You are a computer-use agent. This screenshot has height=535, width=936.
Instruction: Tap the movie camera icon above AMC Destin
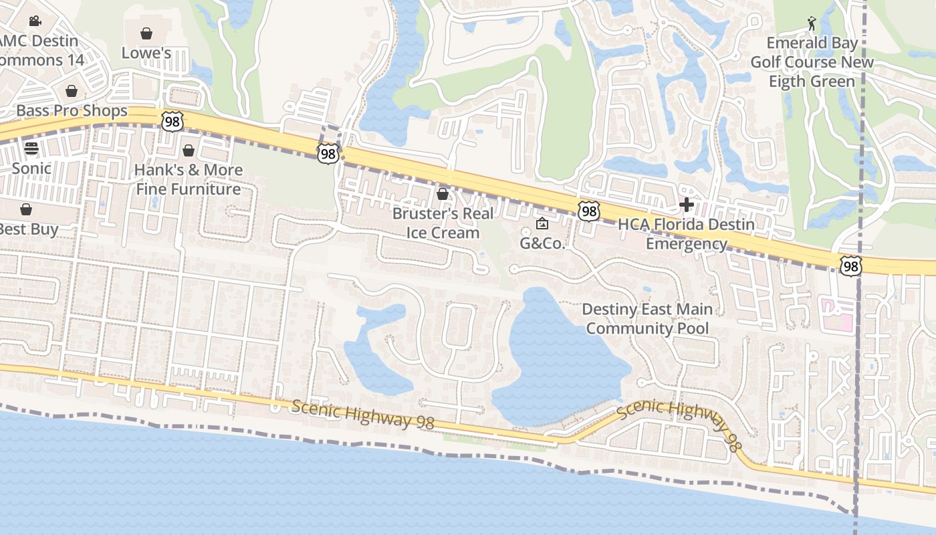35,21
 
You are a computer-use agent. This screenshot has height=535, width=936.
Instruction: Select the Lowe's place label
146,53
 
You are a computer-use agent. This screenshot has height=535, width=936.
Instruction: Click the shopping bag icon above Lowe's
146,33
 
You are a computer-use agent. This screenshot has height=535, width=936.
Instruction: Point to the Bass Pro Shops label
72,110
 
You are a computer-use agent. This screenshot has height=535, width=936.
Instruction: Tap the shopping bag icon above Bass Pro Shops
72,91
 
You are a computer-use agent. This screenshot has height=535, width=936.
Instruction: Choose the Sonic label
31,168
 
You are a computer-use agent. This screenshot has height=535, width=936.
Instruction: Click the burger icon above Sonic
31,148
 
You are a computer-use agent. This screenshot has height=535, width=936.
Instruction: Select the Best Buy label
27,229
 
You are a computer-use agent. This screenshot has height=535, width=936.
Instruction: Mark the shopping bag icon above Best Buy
26,209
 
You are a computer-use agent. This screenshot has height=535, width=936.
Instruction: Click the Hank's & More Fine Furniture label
189,179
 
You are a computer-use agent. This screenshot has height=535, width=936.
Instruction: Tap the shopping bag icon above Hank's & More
189,150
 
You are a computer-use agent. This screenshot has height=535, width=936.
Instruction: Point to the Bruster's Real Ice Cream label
443,223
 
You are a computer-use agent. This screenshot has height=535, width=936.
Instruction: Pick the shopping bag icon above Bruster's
442,195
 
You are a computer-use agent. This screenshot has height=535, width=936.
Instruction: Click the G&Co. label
543,243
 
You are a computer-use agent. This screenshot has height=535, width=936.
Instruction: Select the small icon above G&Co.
542,223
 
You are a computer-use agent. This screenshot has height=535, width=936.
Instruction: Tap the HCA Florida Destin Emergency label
686,234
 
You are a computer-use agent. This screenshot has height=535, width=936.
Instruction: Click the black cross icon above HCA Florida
686,205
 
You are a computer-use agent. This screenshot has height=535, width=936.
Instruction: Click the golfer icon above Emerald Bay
812,23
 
